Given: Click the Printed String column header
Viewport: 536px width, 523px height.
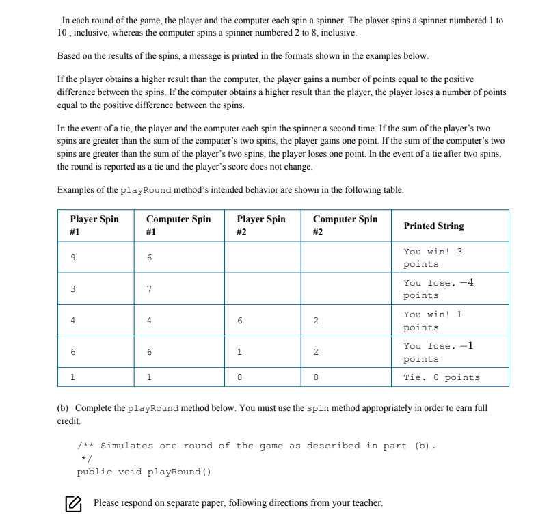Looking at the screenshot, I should pyautogui.click(x=433, y=226).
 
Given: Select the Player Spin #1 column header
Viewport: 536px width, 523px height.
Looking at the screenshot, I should pyautogui.click(x=94, y=226).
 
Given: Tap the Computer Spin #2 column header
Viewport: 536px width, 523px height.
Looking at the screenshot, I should pyautogui.click(x=345, y=226).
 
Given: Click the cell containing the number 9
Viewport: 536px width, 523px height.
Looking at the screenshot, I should pyautogui.click(x=73, y=258).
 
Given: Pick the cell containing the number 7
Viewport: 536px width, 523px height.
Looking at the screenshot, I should pyautogui.click(x=149, y=289).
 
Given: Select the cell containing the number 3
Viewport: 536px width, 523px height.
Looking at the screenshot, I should pyautogui.click(x=73, y=289).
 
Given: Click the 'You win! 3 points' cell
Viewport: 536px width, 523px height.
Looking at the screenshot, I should pyautogui.click(x=433, y=258).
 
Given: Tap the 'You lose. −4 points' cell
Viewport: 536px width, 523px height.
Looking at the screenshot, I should pyautogui.click(x=438, y=289).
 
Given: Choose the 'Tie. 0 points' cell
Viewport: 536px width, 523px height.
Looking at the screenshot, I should pyautogui.click(x=441, y=377).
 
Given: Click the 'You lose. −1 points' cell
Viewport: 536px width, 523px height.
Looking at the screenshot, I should pyautogui.click(x=438, y=352).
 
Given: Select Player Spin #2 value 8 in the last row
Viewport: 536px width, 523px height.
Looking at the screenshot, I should pyautogui.click(x=239, y=377).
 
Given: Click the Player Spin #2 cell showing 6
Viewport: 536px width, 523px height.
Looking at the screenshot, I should pyautogui.click(x=239, y=321).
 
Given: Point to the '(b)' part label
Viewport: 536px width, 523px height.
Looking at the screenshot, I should pyautogui.click(x=64, y=408).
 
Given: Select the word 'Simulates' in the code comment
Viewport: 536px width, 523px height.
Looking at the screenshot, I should pyautogui.click(x=127, y=446).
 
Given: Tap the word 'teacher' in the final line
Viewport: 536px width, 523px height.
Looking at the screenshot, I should pyautogui.click(x=366, y=504).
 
